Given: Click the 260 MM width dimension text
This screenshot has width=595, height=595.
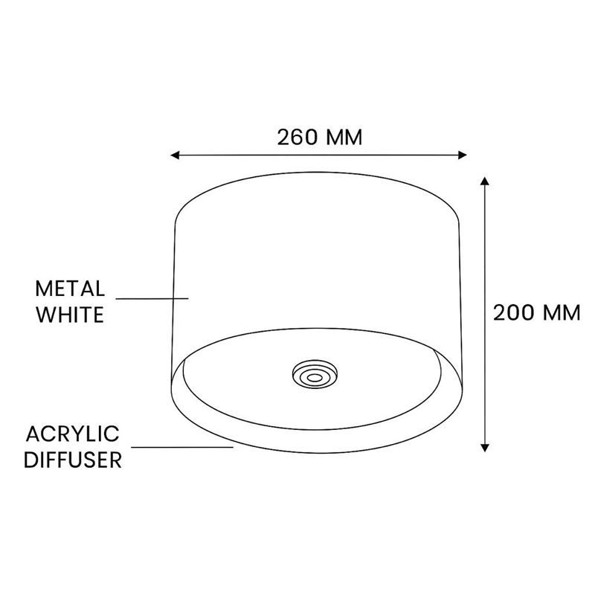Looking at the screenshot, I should pos(319,138).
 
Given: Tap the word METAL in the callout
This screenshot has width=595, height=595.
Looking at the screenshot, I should pos(71,288).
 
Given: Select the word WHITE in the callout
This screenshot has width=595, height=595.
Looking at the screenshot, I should pos(70,314).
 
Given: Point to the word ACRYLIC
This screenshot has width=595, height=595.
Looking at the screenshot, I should pos(72,434).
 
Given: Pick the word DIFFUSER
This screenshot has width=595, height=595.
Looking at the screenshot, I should pos(72,460).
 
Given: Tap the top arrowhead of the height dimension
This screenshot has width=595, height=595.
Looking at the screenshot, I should pos(485,181).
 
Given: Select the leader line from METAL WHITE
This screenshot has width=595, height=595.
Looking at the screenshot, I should pos(152,299).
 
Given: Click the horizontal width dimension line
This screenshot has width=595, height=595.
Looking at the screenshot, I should pos(319,155).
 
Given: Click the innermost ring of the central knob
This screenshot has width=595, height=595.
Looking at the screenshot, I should pos(315,377).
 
